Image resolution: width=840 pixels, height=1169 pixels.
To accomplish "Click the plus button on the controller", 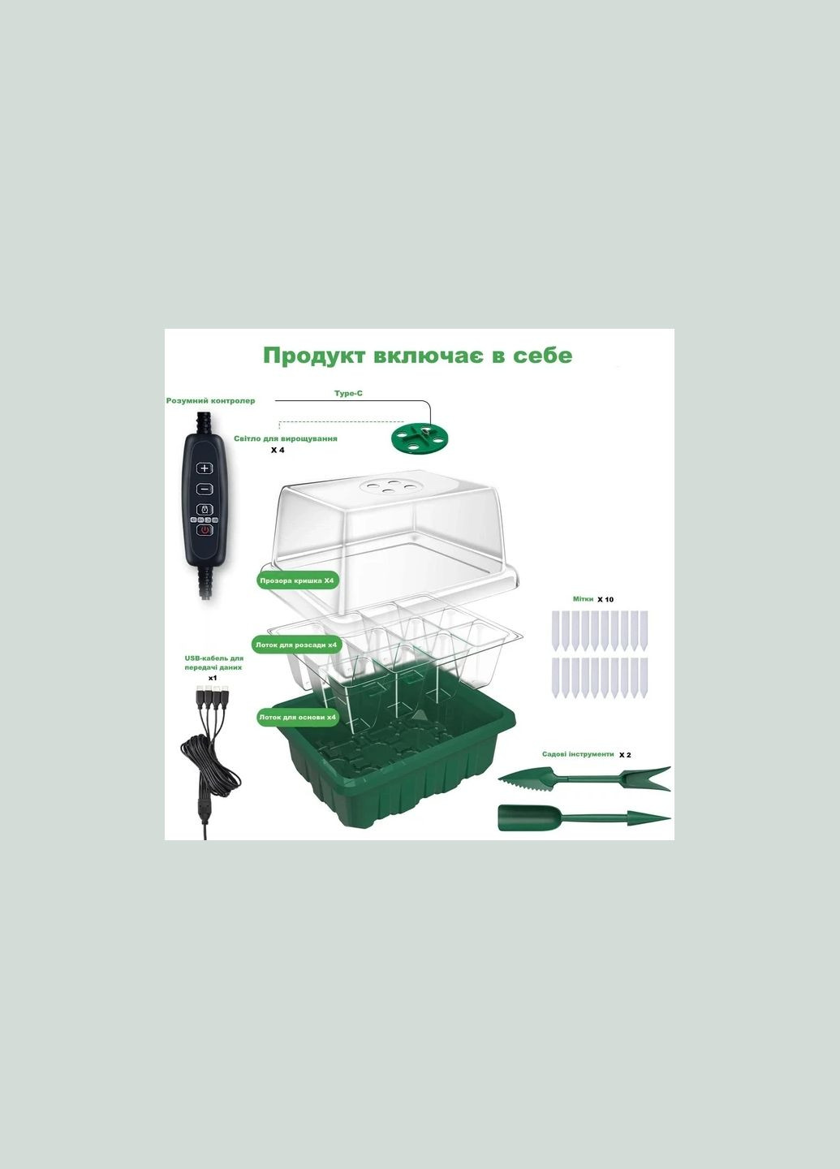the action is (x=205, y=468).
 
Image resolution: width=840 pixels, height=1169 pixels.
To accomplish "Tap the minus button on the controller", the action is (x=205, y=489).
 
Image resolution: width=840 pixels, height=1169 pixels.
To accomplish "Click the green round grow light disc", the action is (x=420, y=438).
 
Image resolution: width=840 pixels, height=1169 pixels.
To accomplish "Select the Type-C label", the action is (x=348, y=394).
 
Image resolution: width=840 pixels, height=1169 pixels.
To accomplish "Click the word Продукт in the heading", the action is (x=315, y=356).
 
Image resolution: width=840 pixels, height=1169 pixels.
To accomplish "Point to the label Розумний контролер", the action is (x=211, y=401).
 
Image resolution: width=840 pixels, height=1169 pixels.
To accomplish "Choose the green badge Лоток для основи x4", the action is (x=297, y=718).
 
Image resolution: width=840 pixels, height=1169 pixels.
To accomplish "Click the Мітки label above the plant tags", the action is (x=583, y=599).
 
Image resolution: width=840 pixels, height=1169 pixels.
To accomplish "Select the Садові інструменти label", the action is (x=578, y=754).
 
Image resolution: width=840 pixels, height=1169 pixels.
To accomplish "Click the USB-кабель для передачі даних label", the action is (x=214, y=662).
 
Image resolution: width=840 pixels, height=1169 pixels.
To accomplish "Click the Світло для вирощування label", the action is (x=286, y=438).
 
